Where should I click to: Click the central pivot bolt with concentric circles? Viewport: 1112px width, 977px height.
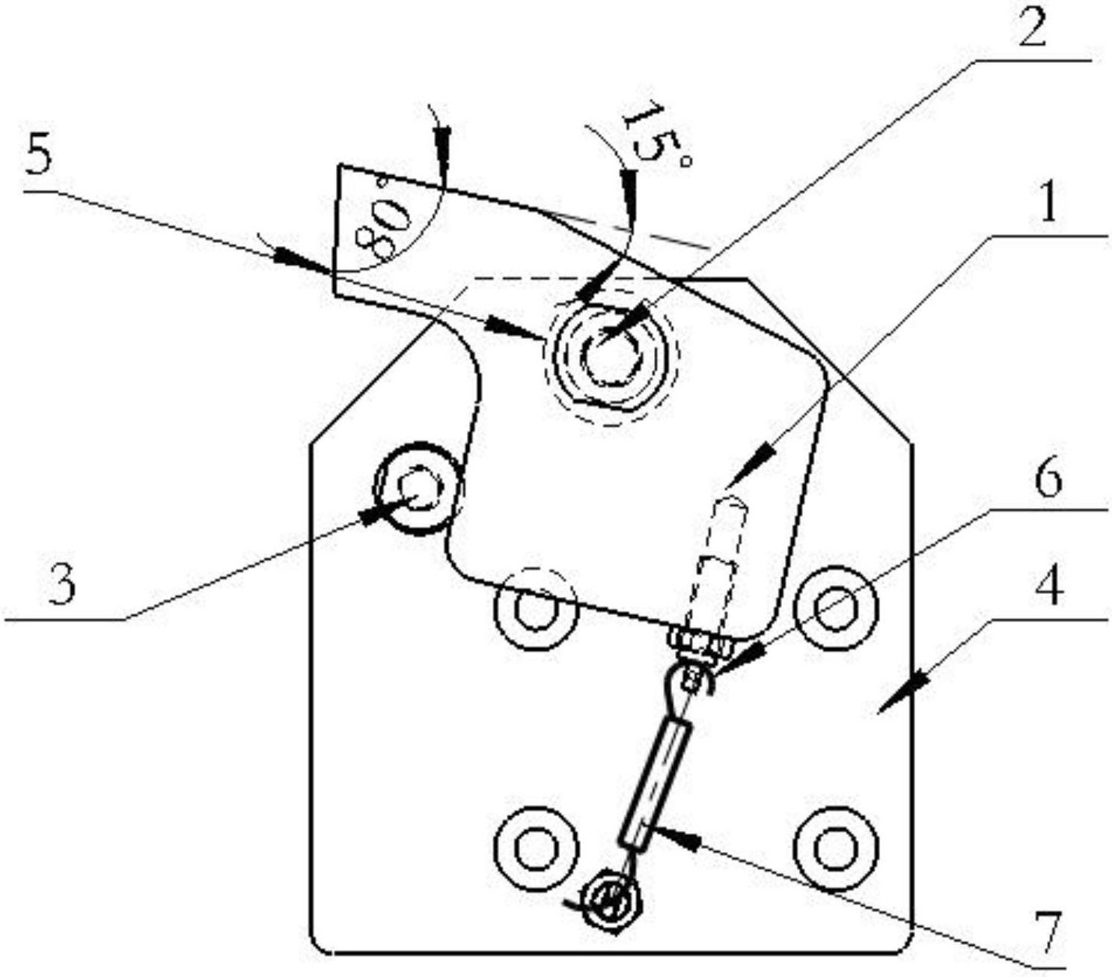[611, 358]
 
